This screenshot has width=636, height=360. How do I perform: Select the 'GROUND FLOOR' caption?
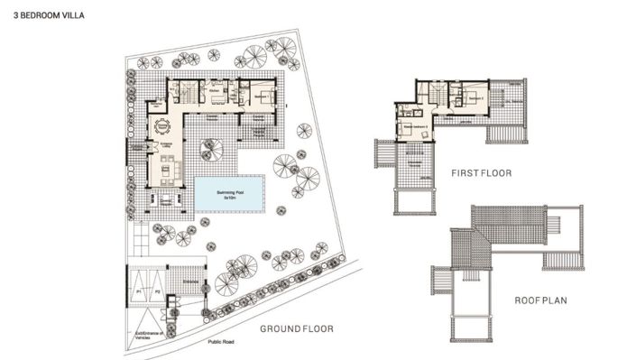pos(297,329)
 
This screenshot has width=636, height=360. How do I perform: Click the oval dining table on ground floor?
pos(163,126)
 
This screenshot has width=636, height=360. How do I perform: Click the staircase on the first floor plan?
pos(434,93)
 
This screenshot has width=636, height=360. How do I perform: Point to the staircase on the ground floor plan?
pos(186,91)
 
